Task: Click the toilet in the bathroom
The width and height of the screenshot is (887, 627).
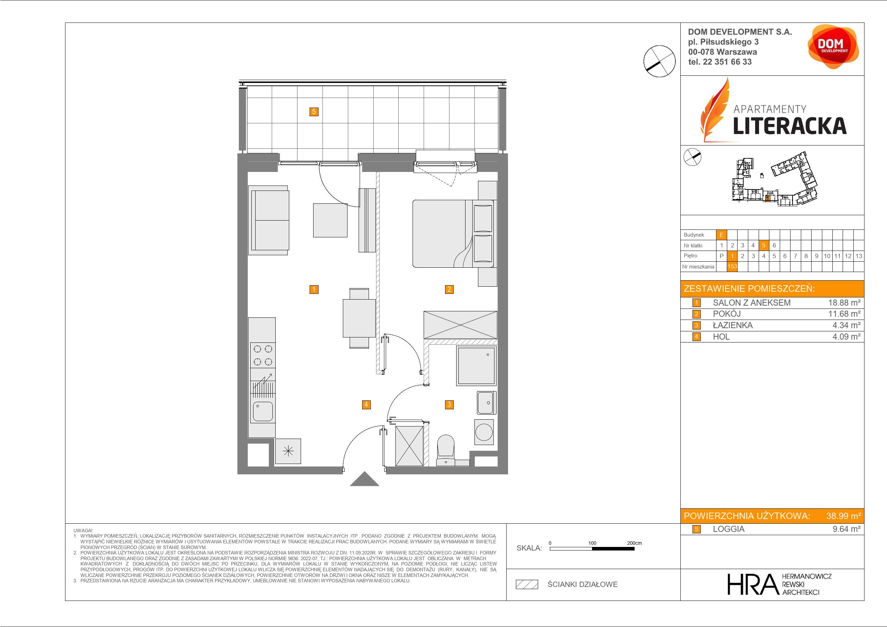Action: point(446,450)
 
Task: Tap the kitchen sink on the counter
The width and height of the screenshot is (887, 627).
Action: point(263,411)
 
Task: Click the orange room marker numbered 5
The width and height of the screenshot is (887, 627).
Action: point(314,112)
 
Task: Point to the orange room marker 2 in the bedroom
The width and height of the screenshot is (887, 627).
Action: point(449,289)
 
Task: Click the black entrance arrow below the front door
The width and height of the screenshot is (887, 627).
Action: point(364,479)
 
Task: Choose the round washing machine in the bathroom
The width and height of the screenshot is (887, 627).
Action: point(484,432)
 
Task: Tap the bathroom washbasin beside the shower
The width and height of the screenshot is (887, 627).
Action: point(486,403)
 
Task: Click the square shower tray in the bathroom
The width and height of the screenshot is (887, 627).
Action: point(476,365)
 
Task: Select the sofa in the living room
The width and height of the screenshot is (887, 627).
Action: point(268,220)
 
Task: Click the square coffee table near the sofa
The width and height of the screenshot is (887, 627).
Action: point(330,220)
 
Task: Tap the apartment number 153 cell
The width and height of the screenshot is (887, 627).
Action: point(732,267)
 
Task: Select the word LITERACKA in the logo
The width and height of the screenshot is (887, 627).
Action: point(790,126)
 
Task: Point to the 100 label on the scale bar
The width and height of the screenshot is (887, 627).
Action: point(592,543)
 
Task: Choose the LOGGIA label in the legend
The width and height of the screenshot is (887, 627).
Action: point(729,529)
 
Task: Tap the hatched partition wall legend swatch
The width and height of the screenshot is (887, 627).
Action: point(527,584)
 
